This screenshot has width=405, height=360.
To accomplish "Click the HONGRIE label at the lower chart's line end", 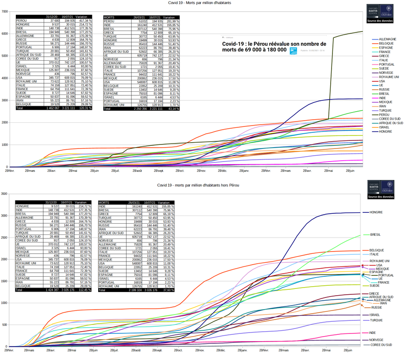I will tap(376, 212).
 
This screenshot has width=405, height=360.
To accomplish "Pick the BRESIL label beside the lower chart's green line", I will tap(376, 234).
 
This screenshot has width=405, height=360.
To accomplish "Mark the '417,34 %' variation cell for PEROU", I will tap(85, 21).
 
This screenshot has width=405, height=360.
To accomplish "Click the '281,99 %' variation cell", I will tap(172, 21).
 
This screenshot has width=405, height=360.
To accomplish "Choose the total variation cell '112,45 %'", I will tap(85, 290).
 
